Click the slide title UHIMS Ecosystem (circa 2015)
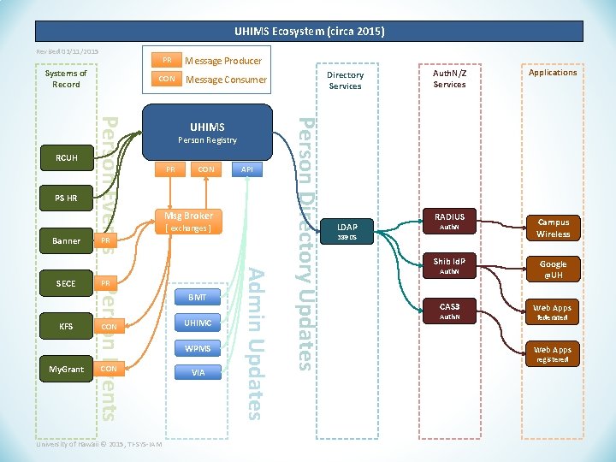point(309,32)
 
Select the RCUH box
point(66,157)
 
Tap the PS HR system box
point(66,198)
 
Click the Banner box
point(66,241)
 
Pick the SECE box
point(66,283)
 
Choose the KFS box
point(66,326)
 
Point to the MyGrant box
point(66,369)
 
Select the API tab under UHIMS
point(247,169)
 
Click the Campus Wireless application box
point(553,228)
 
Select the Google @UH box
point(553,269)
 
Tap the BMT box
point(198,298)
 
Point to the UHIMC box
point(198,323)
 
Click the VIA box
point(198,372)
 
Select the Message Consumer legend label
point(226,80)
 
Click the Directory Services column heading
point(346,80)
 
